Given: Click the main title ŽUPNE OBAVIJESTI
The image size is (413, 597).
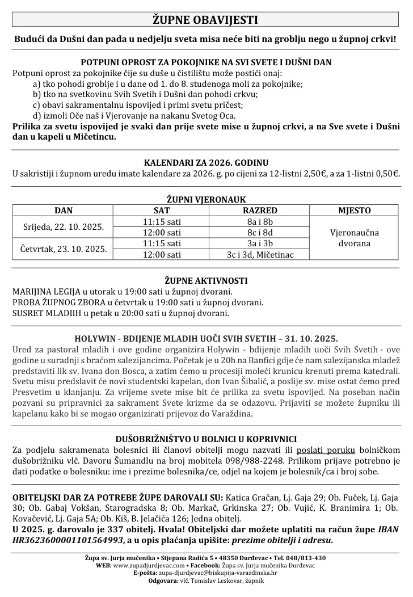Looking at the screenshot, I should [x=206, y=20].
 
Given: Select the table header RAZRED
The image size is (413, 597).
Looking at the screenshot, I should [x=260, y=211].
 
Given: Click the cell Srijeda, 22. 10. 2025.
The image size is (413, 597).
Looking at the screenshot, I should [x=64, y=226].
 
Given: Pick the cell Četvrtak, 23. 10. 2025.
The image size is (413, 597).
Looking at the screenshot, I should [x=64, y=249].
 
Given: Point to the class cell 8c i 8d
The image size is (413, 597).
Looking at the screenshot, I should [x=260, y=232].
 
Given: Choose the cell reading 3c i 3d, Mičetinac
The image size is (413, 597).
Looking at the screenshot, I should [x=260, y=254].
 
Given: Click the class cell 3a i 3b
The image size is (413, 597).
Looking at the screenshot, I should [x=260, y=243].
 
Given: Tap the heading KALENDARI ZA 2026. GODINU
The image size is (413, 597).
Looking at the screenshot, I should [x=206, y=162].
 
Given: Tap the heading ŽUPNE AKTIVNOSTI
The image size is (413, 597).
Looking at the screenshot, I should [x=206, y=280].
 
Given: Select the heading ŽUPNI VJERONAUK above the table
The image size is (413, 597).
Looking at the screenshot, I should [x=206, y=200].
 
